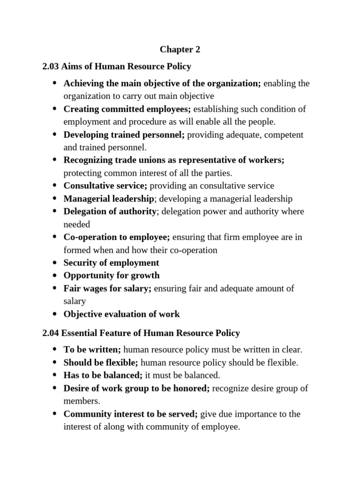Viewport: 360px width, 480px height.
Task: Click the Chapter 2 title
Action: click(x=176, y=49)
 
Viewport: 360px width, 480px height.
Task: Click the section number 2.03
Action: click(x=50, y=66)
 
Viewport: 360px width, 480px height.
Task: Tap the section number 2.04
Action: click(x=50, y=333)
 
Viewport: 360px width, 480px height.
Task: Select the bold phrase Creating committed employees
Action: click(x=127, y=109)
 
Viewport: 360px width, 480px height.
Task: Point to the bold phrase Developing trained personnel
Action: click(x=124, y=135)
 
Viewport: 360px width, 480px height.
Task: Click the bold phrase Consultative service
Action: click(x=105, y=186)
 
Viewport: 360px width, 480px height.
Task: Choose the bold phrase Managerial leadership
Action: click(x=109, y=198)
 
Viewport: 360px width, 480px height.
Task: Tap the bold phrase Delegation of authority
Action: click(x=110, y=211)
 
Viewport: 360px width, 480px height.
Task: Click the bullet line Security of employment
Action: click(x=111, y=262)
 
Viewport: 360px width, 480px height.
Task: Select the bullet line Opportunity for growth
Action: click(x=112, y=275)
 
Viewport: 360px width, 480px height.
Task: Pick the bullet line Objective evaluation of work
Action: click(x=121, y=314)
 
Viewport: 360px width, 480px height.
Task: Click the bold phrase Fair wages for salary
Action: click(x=107, y=288)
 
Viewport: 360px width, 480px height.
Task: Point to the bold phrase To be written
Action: click(x=92, y=349)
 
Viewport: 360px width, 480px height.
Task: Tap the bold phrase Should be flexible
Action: click(x=101, y=362)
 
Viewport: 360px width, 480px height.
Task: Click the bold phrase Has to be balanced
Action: click(x=103, y=375)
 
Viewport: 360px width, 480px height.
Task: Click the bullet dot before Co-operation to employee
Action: click(x=54, y=237)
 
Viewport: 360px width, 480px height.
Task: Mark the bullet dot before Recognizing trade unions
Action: click(x=54, y=160)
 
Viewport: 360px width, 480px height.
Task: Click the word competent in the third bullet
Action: click(x=275, y=135)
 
